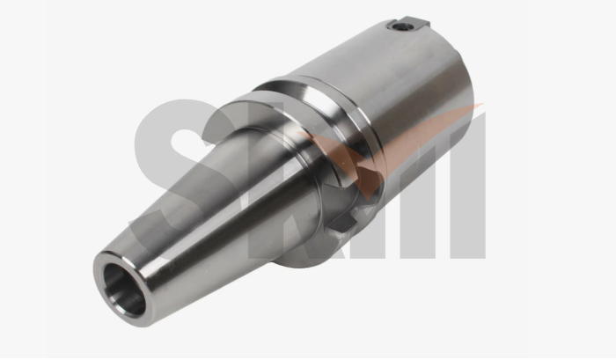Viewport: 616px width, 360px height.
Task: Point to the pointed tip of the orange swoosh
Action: pos(482,107)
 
